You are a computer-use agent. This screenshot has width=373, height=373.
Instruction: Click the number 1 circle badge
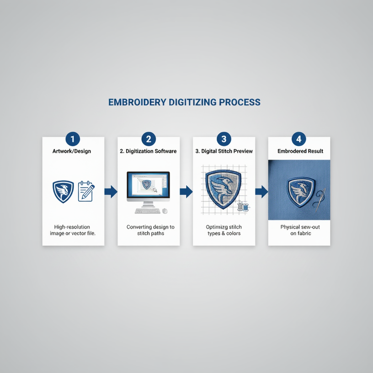click(73, 139)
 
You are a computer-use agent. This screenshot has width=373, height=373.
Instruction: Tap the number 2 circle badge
click(148, 139)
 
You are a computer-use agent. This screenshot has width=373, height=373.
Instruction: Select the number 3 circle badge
click(224, 139)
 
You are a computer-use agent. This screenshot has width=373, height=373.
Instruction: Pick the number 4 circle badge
click(298, 139)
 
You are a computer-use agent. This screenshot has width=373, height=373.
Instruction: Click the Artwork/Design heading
click(73, 151)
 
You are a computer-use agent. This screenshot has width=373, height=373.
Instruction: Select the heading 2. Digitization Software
click(148, 151)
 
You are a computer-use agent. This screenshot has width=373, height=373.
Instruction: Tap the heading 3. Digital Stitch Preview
click(224, 151)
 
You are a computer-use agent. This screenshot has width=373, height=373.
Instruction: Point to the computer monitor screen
click(148, 185)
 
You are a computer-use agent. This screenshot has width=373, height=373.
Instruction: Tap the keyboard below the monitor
click(147, 211)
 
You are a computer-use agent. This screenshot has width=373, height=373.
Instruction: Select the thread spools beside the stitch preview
click(242, 207)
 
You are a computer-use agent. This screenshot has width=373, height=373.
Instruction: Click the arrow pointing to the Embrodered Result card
click(261, 192)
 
